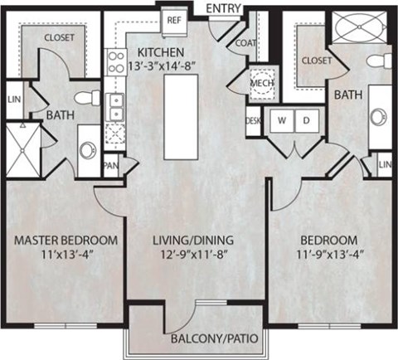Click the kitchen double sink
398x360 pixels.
pyautogui.click(x=116, y=105)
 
